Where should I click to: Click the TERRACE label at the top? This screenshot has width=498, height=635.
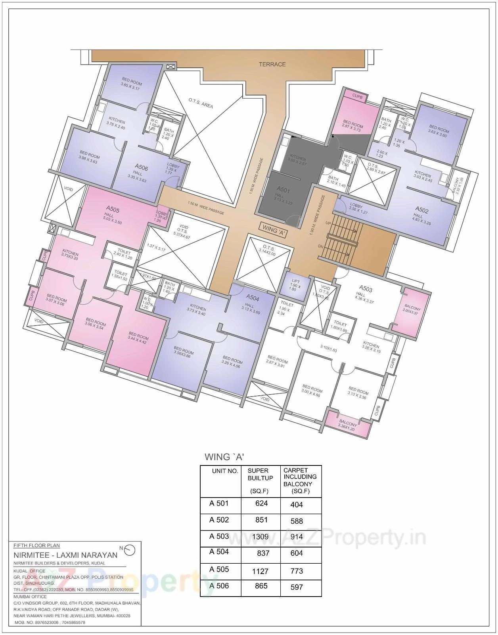click(272, 64)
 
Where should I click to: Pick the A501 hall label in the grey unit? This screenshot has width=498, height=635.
click(283, 190)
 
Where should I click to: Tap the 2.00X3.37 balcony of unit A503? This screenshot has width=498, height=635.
click(412, 310)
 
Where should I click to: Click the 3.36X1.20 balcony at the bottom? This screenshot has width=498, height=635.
click(347, 425)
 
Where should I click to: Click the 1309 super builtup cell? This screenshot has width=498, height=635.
click(260, 537)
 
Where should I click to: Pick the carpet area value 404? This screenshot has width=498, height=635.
click(296, 505)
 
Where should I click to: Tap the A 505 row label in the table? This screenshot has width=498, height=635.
click(219, 569)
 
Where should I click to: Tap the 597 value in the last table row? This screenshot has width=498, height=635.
click(296, 587)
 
